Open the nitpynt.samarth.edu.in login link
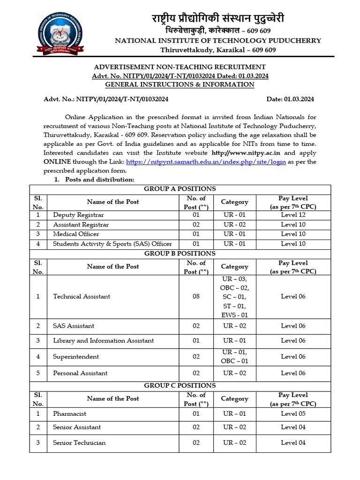[206, 162]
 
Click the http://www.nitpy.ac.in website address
[246, 153]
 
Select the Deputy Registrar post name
[78, 215]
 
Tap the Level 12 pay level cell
[293, 215]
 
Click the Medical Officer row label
[76, 234]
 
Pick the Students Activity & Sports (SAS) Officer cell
[112, 244]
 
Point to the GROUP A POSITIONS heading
[180, 189]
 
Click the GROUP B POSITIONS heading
[180, 254]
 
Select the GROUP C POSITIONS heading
[180, 386]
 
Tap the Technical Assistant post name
[82, 296]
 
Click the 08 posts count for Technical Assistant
[196, 296]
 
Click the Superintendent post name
[76, 357]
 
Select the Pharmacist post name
[69, 414]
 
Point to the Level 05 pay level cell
[293, 414]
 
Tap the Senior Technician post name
[79, 443]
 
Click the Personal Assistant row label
[80, 373]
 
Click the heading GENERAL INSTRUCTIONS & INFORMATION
[180, 85]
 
